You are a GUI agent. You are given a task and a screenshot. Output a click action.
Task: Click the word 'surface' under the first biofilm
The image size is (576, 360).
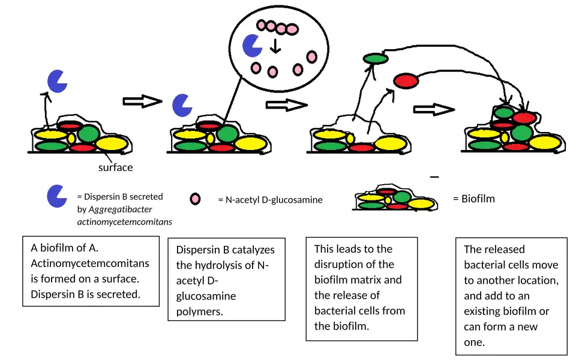click(x=115, y=167)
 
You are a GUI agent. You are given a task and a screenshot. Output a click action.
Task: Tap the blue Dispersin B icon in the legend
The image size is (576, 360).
click(x=56, y=196)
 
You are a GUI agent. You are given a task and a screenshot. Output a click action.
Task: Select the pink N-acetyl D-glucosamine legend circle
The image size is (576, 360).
click(x=195, y=199)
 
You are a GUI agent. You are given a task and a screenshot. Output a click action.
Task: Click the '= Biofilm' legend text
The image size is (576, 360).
click(x=473, y=199)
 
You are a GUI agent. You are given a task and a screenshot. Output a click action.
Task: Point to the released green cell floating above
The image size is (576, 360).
click(x=376, y=58)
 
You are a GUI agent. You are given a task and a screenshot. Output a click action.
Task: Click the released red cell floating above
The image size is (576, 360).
click(x=406, y=80)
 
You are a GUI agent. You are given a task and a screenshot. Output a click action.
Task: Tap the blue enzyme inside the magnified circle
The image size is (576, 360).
click(x=251, y=46)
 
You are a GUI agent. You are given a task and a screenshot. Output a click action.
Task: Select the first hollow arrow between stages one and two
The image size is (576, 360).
click(x=142, y=101)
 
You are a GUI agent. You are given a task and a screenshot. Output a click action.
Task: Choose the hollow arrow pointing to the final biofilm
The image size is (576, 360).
click(x=433, y=110)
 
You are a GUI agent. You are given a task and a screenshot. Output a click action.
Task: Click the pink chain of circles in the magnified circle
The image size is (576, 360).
click(x=277, y=27)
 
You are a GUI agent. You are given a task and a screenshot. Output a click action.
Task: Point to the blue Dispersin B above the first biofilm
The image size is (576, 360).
click(x=57, y=81)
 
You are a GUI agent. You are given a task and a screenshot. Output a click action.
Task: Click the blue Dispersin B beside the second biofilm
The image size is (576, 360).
click(x=182, y=105)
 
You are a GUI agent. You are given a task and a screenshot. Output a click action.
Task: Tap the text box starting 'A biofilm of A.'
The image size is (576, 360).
click(x=90, y=271)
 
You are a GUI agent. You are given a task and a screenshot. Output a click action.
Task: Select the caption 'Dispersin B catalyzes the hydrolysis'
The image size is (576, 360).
click(x=226, y=280)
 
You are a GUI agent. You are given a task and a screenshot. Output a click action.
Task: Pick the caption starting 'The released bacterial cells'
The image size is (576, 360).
click(x=511, y=296)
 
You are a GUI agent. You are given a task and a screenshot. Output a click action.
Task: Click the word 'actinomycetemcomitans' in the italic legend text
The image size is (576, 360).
click(x=124, y=222)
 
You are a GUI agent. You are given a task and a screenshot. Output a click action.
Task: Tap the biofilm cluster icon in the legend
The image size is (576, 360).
click(x=394, y=200)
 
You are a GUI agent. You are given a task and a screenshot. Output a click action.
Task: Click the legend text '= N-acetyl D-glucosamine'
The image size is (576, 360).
click(x=270, y=200)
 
